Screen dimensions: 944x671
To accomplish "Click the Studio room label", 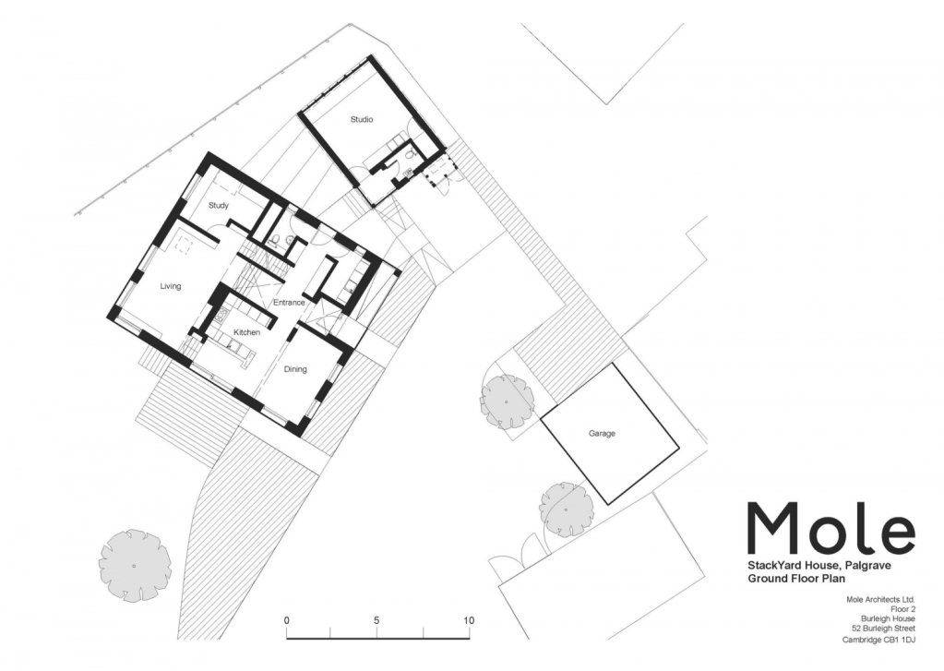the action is tap(362, 119).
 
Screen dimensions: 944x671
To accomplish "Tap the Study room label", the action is tap(219, 206).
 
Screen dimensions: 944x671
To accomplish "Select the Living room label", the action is tap(171, 286).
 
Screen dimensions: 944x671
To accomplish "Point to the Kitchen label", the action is tap(246, 332).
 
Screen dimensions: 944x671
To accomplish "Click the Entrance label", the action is tap(289, 303).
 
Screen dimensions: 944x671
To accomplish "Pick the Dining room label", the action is tap(295, 369).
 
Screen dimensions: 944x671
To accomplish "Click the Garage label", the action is tap(602, 434).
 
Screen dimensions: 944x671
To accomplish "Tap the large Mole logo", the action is tap(830, 528).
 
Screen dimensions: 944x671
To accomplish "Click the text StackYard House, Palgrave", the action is tap(819, 566).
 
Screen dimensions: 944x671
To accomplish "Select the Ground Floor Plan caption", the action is tap(796, 579).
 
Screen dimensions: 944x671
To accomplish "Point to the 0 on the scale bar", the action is tap(287, 620).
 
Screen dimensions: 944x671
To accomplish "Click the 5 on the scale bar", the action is tap(376, 620).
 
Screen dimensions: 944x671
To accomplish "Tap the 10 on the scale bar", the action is tap(469, 620).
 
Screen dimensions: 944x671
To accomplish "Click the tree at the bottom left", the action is tap(135, 565).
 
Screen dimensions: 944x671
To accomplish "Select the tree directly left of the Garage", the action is tap(507, 401).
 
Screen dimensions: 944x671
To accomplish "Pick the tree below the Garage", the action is tap(566, 509).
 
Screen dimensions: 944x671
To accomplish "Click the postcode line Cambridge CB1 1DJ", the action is tap(878, 640).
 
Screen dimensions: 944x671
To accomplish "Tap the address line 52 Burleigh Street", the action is tap(888, 629).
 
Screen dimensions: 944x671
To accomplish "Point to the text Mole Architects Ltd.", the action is tap(880, 599).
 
